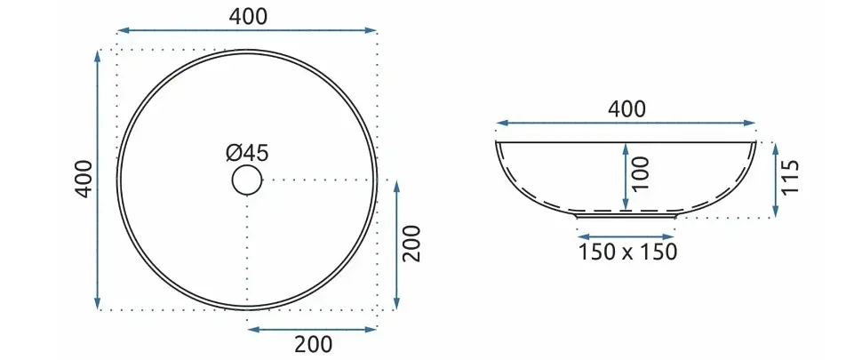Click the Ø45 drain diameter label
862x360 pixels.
pyautogui.click(x=247, y=153)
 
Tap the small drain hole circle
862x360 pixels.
pyautogui.click(x=247, y=180)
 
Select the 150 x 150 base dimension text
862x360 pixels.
pyautogui.click(x=627, y=252)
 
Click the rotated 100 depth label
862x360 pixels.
pyautogui.click(x=641, y=173)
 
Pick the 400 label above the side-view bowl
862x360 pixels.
pyautogui.click(x=627, y=110)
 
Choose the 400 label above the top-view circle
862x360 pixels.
pyautogui.click(x=248, y=17)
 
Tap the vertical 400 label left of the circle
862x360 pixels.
pyautogui.click(x=84, y=179)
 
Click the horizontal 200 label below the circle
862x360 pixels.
pyautogui.click(x=314, y=345)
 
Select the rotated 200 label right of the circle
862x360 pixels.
pyautogui.click(x=412, y=244)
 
